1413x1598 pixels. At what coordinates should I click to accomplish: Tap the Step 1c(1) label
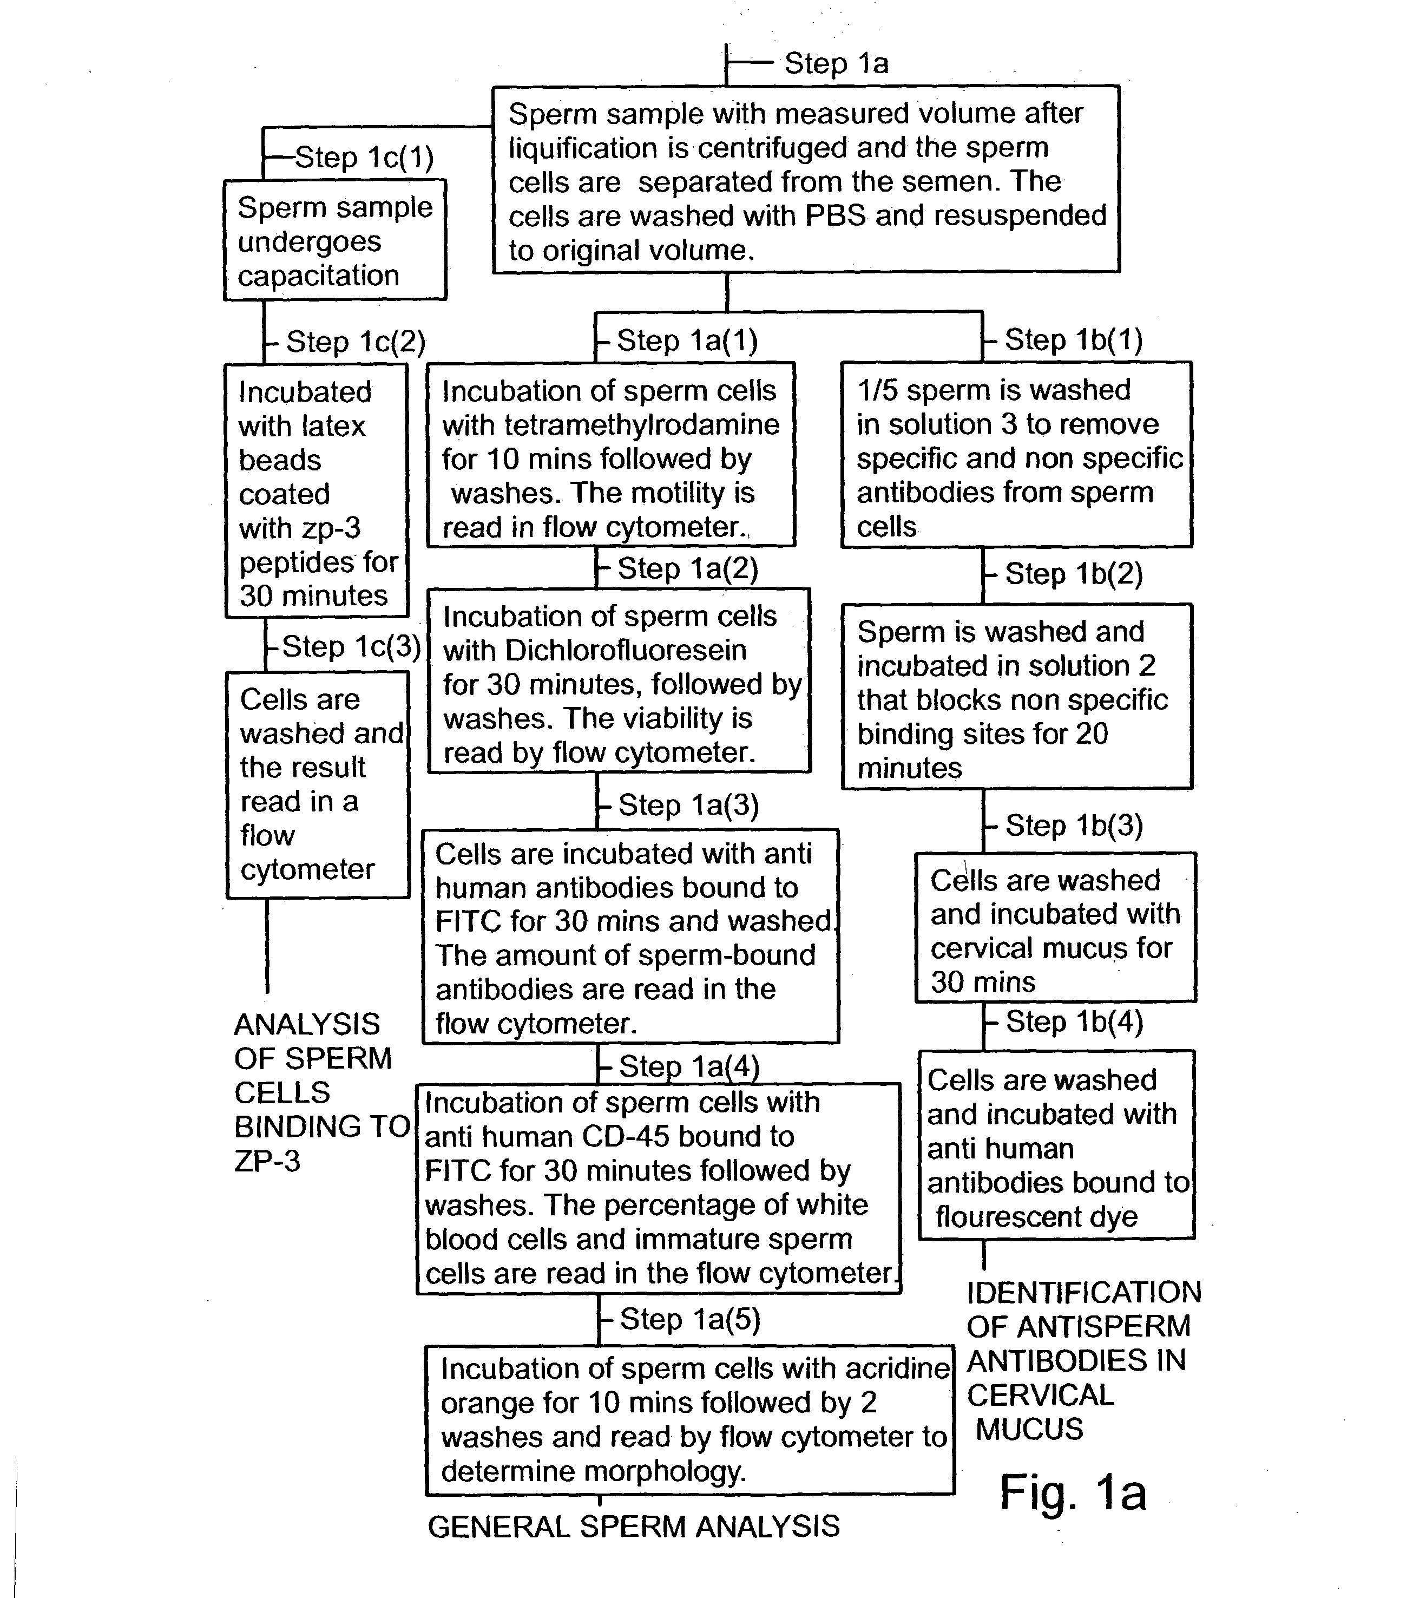click(x=364, y=157)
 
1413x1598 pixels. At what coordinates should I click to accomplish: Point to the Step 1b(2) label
click(x=1073, y=573)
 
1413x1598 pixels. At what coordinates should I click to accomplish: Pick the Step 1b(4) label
click(x=1074, y=1021)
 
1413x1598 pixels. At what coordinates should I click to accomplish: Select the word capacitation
click(x=318, y=275)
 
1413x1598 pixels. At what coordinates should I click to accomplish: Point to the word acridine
click(x=891, y=1368)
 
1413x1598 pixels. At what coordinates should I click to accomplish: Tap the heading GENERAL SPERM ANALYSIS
click(x=633, y=1526)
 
